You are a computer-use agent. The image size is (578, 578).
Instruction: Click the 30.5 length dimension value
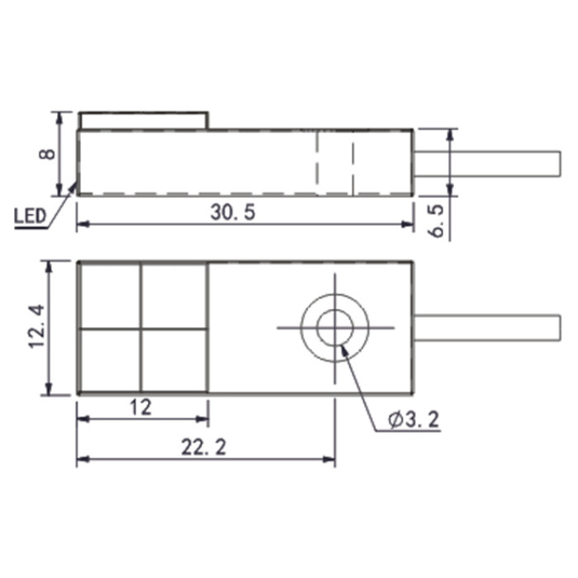[233, 213]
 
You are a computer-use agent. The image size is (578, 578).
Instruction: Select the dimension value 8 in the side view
[47, 154]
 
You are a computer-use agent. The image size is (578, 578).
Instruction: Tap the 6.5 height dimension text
[436, 221]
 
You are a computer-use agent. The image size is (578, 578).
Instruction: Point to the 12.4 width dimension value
[37, 326]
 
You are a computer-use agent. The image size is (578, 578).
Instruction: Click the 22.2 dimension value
[203, 448]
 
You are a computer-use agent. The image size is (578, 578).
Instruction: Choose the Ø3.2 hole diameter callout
[414, 419]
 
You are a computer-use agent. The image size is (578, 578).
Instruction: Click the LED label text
[30, 216]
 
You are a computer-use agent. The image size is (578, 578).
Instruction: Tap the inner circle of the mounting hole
[335, 327]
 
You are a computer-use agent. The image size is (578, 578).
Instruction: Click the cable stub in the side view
[487, 163]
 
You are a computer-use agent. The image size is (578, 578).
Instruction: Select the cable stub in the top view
[487, 328]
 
